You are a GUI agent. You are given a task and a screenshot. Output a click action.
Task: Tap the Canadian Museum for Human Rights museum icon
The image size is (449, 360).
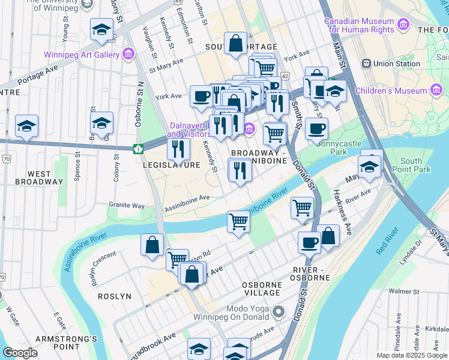(403, 25)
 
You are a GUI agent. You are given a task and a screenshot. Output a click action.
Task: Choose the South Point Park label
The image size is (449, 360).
(415, 165)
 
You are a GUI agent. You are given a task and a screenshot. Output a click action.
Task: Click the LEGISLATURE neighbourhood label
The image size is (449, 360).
(172, 165)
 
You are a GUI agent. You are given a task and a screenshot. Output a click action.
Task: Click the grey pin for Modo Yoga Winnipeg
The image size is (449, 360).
(278, 312)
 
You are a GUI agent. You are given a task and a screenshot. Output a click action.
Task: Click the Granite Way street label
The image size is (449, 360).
(127, 206)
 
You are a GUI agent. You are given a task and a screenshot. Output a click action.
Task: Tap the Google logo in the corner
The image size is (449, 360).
(20, 353)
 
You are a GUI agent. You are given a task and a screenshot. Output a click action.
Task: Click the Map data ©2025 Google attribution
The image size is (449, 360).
(412, 355)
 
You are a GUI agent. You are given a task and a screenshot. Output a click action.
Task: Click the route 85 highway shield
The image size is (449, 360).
(179, 2)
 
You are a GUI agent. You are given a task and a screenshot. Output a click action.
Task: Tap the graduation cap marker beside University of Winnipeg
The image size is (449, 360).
(101, 29)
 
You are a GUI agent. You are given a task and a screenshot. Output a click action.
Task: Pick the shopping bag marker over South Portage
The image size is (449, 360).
(235, 43)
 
